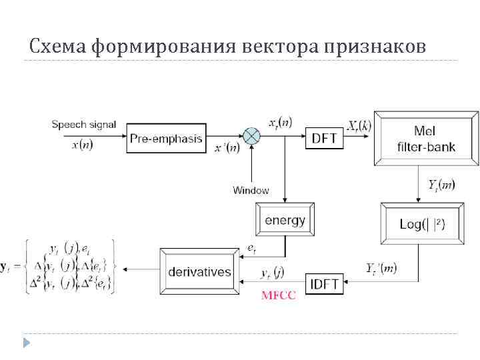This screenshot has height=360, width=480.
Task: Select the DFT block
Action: [x=325, y=139]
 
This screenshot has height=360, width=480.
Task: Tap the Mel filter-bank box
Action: [x=425, y=139]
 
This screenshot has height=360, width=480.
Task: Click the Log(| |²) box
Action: [x=421, y=224]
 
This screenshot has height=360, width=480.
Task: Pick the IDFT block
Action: [x=325, y=285]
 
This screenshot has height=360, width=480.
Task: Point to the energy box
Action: [x=285, y=220]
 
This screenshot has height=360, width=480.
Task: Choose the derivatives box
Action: [x=199, y=271]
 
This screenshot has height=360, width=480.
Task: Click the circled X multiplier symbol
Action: [x=251, y=137]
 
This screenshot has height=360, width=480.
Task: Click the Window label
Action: [x=251, y=190]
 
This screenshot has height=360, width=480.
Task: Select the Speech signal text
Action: [x=84, y=124]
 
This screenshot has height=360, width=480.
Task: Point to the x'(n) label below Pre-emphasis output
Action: [x=227, y=149]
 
